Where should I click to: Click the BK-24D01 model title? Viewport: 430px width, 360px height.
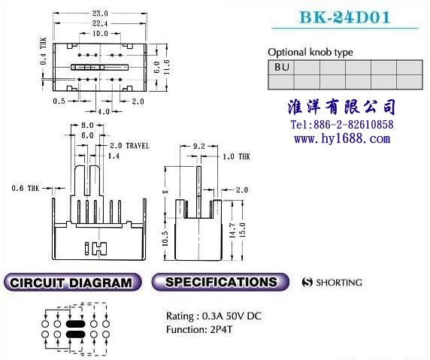pos(345,17)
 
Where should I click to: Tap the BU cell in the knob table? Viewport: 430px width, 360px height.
pos(281,68)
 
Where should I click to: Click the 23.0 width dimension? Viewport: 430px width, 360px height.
pos(100,14)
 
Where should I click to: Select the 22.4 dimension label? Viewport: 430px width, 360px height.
pos(100,23)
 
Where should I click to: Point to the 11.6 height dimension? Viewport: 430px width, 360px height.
pos(167,67)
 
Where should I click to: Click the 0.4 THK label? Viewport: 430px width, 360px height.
pos(44,51)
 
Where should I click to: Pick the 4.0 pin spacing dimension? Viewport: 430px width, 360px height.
pos(104,111)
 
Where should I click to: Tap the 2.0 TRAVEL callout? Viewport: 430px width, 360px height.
pos(130,146)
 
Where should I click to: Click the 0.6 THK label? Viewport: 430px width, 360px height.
pos(26,188)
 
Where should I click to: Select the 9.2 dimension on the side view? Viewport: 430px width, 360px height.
pos(198,146)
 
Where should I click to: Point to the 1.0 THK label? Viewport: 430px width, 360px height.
pos(236,156)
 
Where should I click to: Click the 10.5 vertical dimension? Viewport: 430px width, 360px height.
pos(165,238)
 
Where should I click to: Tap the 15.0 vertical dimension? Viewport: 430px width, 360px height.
pos(242,230)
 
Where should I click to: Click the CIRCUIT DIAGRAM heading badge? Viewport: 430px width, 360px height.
pos(72,282)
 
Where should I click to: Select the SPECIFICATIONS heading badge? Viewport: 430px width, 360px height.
pos(220,282)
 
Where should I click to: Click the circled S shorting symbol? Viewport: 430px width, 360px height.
pos(307,282)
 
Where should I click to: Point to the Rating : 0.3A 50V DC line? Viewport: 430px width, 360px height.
pos(213,316)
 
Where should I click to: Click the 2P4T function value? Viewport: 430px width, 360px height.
pos(221,329)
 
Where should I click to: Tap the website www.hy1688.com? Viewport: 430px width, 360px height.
pos(342,139)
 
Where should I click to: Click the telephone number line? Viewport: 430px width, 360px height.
pos(342,125)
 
